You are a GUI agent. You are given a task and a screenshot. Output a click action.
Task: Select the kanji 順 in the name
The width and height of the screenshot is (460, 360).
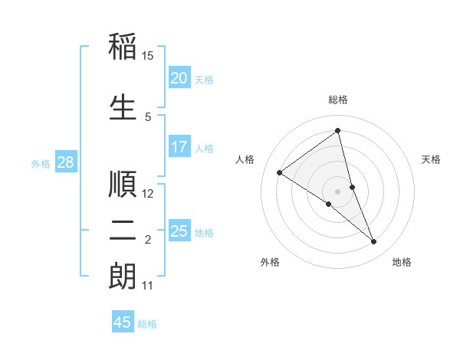(123, 184)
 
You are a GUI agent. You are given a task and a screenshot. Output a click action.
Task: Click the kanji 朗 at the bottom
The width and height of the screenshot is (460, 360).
(123, 277)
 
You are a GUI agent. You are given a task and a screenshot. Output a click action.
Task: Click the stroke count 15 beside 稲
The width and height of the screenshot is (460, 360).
(148, 56)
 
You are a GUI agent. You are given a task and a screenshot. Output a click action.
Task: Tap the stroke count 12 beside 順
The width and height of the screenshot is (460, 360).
(148, 194)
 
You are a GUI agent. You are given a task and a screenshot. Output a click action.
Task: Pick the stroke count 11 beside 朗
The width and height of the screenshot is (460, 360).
(147, 286)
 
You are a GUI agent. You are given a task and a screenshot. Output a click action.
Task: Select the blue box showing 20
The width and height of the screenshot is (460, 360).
(179, 78)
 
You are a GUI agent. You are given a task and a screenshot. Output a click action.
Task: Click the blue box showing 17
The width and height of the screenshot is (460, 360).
(179, 147)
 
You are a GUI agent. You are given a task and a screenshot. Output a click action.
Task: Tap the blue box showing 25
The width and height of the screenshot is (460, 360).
(179, 231)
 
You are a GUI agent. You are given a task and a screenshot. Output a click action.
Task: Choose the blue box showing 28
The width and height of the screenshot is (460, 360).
(65, 162)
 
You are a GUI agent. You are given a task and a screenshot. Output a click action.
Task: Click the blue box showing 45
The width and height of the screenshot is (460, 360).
(122, 322)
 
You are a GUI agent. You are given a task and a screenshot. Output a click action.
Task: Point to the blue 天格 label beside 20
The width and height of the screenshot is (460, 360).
(204, 79)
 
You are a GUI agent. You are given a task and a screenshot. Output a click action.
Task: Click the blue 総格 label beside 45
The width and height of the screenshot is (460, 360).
(147, 324)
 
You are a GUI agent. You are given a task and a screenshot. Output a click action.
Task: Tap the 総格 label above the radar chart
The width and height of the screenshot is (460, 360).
(337, 100)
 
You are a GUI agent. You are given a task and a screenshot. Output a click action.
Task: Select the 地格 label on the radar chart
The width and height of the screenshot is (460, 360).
(402, 262)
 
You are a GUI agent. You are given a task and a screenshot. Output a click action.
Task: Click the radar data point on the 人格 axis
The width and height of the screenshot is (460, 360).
(280, 172)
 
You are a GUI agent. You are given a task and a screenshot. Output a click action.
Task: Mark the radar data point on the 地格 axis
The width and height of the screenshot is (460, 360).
(374, 242)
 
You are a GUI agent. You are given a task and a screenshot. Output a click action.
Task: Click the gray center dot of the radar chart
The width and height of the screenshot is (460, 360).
(337, 191)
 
